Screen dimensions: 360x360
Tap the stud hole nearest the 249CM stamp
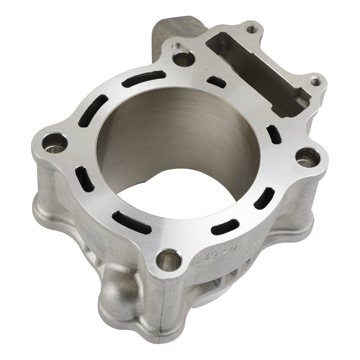168,260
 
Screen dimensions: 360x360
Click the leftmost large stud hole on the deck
55,143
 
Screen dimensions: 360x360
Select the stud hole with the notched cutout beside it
183,59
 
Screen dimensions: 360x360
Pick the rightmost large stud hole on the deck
306,158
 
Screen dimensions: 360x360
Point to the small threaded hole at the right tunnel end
315,81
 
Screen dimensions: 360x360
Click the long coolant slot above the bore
144,79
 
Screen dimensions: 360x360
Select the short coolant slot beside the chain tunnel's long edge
217,81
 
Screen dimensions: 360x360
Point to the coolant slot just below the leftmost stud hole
85,179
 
